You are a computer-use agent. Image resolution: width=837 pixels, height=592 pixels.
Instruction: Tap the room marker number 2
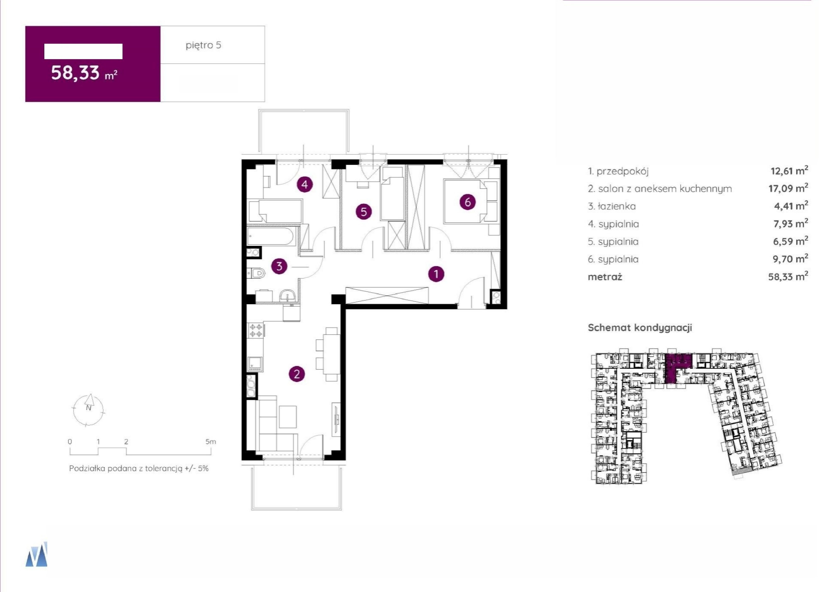point(297,374)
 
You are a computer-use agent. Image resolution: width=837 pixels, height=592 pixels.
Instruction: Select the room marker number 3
point(279,266)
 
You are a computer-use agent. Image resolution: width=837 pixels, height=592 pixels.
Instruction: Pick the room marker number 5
point(364,212)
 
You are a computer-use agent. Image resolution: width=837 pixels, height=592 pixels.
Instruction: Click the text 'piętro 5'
point(204,45)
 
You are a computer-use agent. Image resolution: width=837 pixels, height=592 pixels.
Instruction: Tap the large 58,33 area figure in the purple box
point(75,73)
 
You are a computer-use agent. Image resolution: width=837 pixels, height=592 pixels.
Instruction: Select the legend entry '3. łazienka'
point(612,206)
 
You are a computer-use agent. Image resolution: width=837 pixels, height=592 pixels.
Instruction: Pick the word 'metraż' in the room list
point(605,277)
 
